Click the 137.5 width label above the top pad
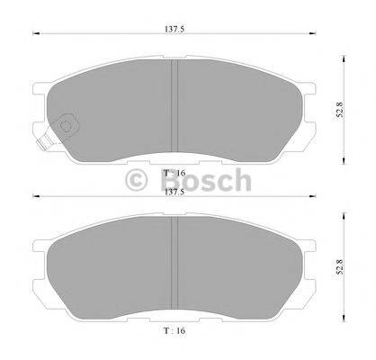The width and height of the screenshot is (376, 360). pos(175,29)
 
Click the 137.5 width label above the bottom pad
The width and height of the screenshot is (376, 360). pos(175,193)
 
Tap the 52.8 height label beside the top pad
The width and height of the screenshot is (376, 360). pos(339,110)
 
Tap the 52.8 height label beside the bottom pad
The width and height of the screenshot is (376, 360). pos(339,267)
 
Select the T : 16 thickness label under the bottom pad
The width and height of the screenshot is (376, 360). pos(175,330)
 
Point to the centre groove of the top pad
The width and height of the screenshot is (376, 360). pos(175,105)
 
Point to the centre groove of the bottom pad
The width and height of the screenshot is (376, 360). pos(175,263)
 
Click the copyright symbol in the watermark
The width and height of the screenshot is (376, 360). pos(137,180)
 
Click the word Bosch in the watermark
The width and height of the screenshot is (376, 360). pos(206,180)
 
